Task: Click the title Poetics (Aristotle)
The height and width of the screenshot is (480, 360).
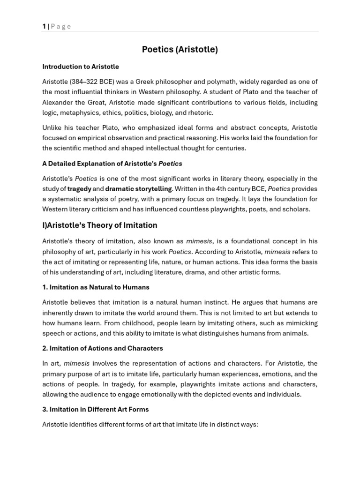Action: click(x=180, y=49)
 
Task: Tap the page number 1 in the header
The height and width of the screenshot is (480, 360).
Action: click(x=44, y=26)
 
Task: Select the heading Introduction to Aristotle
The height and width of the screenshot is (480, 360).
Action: click(x=81, y=67)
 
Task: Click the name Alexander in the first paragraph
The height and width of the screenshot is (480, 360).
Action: click(x=59, y=102)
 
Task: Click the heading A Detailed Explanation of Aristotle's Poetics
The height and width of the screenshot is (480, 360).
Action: click(x=112, y=164)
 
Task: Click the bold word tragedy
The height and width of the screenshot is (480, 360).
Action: click(x=79, y=189)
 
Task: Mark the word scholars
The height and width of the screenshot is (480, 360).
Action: click(x=296, y=209)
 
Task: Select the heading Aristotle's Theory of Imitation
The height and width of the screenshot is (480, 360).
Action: click(x=100, y=225)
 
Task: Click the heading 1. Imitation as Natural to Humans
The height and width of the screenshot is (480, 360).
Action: click(x=96, y=287)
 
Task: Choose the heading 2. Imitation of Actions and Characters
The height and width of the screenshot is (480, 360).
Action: click(x=103, y=348)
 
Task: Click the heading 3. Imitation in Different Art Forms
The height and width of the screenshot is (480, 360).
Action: click(x=96, y=409)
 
